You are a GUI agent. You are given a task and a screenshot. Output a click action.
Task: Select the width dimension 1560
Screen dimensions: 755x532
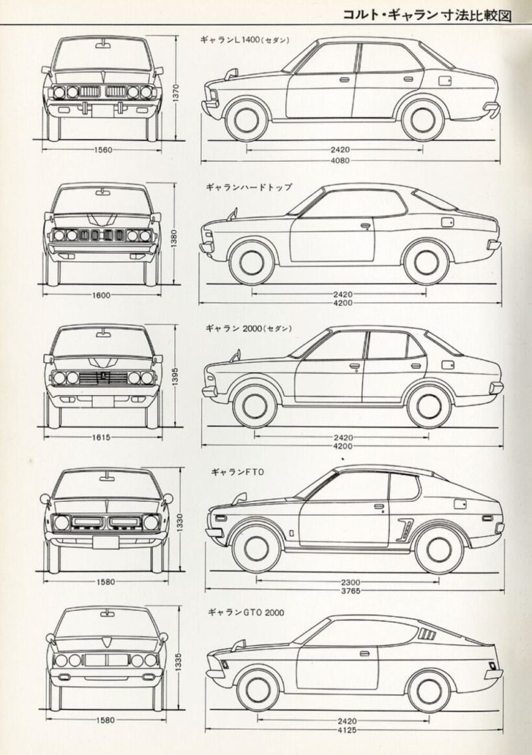pos(103,150)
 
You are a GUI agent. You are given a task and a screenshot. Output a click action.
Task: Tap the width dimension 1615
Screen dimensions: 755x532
pos(101,438)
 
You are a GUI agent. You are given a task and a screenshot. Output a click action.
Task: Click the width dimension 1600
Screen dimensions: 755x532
pos(102,294)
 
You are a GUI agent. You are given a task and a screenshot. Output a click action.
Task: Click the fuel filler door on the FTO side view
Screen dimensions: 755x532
pos(460,504)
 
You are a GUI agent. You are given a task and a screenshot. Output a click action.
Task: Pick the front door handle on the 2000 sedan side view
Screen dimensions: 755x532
pos(354,366)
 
